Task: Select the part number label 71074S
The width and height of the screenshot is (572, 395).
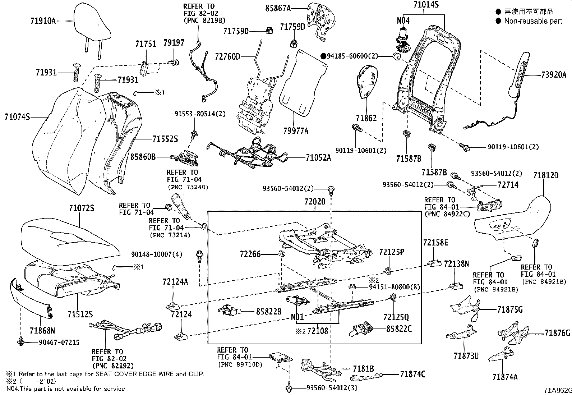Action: [x=18, y=117]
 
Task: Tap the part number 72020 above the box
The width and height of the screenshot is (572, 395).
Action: [x=314, y=202]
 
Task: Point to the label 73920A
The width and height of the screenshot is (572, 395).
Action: [x=554, y=75]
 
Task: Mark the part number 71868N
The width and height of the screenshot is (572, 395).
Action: [x=42, y=330]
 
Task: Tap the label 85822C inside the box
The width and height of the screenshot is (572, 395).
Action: [x=399, y=328]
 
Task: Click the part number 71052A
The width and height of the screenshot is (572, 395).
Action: [x=318, y=157]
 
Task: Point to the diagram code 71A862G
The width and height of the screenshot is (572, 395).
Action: [x=557, y=390]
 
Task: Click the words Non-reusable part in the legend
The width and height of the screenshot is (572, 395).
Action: [x=533, y=21]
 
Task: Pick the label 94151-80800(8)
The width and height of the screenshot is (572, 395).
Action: [x=395, y=287]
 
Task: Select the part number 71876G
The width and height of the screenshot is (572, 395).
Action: [x=557, y=333]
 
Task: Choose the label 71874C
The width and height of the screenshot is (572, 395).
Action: [x=412, y=375]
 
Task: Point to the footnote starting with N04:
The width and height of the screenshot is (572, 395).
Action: [x=65, y=389]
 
